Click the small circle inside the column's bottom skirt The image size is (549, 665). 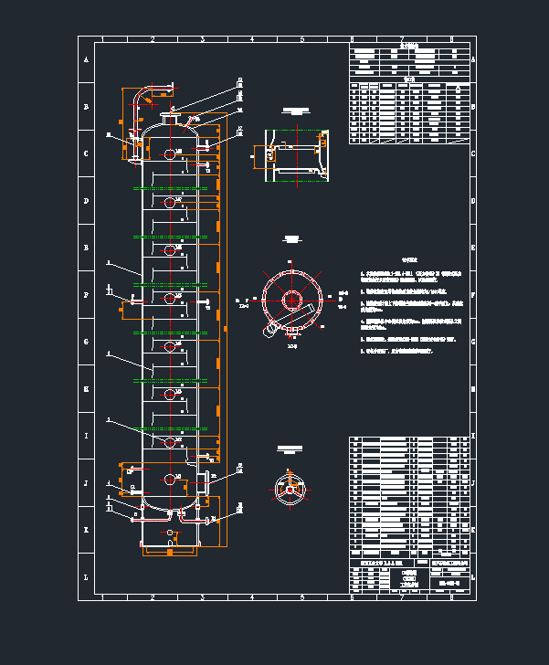[170, 532]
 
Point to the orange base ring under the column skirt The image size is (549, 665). [170, 552]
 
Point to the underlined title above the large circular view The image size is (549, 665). [292, 239]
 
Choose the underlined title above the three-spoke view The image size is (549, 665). [290, 449]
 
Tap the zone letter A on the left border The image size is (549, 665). [87, 59]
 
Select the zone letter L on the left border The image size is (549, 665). [87, 577]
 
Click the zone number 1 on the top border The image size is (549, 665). [102, 39]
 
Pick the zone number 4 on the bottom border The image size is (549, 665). [252, 596]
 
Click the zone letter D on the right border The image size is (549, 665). [473, 201]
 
